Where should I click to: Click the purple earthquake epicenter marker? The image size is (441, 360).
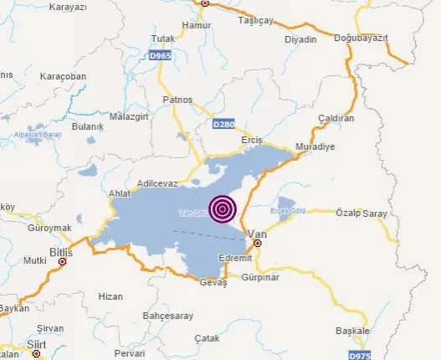[x=223, y=208]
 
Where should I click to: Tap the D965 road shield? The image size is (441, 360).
[x=162, y=54]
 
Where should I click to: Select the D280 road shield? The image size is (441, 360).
[x=223, y=124]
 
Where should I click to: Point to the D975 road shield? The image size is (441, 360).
[x=360, y=356]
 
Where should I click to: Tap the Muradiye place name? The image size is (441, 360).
[x=317, y=146]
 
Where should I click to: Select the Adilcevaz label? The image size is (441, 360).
[x=157, y=182]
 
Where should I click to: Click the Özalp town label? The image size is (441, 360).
[x=349, y=213]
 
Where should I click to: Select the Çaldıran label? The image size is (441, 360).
[x=337, y=119]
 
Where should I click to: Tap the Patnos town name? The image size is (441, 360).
[x=178, y=100]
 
